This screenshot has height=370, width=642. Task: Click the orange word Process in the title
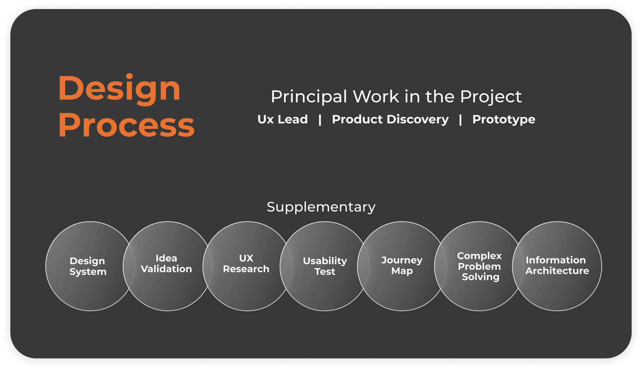click(126, 125)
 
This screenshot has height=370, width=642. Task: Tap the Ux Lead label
click(283, 119)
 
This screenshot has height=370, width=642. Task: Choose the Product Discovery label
click(390, 119)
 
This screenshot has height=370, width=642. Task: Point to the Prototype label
click(504, 120)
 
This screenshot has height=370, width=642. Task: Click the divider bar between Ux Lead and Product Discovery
click(320, 120)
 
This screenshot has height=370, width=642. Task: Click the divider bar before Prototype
click(460, 120)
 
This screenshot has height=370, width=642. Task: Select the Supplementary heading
click(321, 207)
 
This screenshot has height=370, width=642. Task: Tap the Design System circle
click(90, 266)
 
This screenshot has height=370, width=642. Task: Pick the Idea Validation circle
click(168, 266)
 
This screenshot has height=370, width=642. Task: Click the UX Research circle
click(247, 266)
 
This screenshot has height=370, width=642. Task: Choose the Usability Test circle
click(324, 266)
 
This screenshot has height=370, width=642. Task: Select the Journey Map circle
click(402, 266)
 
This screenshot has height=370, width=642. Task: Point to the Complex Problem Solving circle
click(479, 266)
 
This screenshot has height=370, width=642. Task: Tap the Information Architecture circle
click(557, 266)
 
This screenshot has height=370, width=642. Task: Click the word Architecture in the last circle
click(557, 271)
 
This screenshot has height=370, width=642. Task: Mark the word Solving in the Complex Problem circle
click(480, 277)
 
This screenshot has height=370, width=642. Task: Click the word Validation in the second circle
click(166, 269)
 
